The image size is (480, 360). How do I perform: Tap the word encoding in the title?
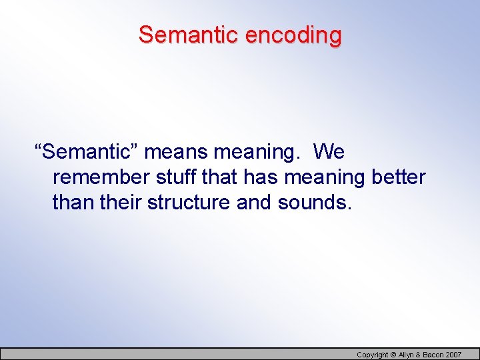[293, 35]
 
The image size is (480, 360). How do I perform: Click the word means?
[175, 152]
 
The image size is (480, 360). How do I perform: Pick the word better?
[398, 177]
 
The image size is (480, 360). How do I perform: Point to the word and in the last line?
[254, 202]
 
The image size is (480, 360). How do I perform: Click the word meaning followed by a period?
[257, 152]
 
